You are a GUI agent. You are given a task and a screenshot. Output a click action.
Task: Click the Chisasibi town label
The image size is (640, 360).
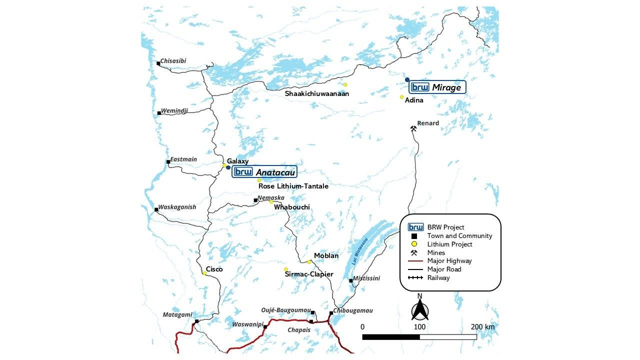coord(173,61)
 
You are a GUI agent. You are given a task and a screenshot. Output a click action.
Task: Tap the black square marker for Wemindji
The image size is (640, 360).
coord(159,113)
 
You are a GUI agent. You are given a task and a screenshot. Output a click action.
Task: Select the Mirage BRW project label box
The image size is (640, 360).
coord(437,87)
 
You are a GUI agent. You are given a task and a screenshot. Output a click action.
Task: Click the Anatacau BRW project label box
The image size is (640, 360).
coord(264,172)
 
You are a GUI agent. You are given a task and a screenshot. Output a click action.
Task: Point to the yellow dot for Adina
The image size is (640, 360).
coord(401,97)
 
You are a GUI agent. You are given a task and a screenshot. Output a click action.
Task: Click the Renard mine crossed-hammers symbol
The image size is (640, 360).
coord(413,128)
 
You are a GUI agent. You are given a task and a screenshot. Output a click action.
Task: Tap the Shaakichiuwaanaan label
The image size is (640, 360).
coord(317,93)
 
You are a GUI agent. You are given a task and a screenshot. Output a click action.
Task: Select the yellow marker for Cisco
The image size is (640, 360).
coord(204,273)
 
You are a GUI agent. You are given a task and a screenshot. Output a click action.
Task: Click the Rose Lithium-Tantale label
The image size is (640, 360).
coord(293,186)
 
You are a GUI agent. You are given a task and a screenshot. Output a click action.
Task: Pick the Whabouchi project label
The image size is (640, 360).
coord(291,207)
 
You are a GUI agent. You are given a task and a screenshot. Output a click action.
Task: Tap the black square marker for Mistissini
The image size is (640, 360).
coord(350,280)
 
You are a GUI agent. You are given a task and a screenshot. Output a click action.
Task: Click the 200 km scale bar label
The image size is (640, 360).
coord(482,327)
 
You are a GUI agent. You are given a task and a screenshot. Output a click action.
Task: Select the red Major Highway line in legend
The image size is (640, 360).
coord(415,261)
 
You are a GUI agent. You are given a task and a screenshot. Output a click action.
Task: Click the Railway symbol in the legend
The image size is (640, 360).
coord(415,278)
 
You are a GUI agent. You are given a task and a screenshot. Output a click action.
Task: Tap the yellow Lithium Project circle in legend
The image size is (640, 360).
coord(414,244)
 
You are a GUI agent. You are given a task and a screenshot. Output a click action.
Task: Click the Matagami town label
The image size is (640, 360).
coord(177,314)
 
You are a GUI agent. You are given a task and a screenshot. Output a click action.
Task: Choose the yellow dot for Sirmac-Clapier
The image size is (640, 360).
coord(286,269)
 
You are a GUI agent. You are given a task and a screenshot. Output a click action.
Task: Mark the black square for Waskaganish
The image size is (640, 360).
coord(156,209)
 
